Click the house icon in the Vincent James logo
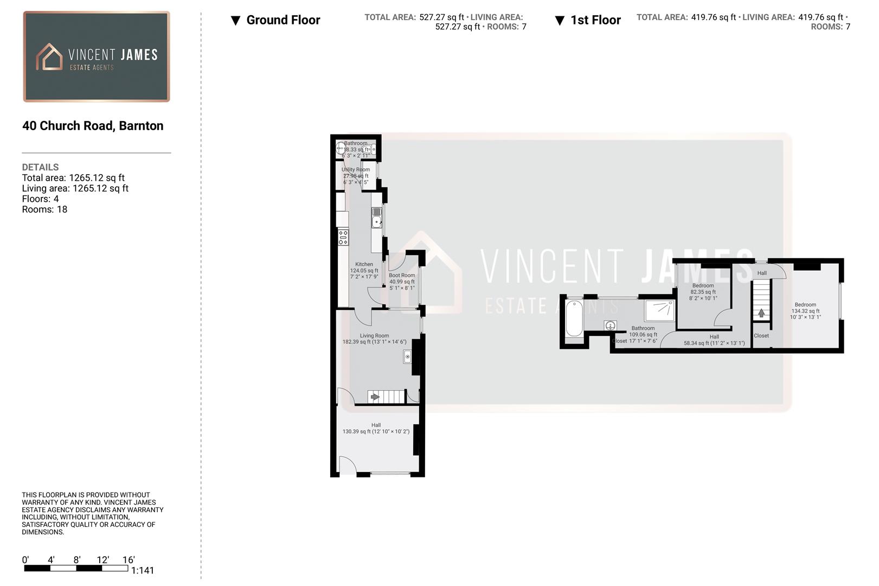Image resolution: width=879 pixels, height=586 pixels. (x=49, y=57)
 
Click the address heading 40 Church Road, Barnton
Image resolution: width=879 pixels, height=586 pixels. (x=93, y=126)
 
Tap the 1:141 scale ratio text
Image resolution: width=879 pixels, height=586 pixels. (x=143, y=570)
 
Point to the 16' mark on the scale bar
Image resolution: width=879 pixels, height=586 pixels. (x=129, y=560)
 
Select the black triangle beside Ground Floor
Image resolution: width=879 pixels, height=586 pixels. (x=235, y=21)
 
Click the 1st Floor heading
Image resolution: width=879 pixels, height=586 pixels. (x=595, y=20)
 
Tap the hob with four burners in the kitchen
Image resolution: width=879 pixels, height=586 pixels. (x=343, y=237)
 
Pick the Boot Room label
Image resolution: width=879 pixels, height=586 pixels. (x=402, y=276)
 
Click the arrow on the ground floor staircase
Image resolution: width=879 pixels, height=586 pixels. (x=375, y=397)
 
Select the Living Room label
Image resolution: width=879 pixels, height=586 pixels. (x=374, y=336)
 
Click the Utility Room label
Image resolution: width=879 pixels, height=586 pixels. (x=356, y=170)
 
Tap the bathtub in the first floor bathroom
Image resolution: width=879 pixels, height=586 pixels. (x=574, y=319)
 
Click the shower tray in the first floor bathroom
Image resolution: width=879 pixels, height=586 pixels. (x=659, y=311)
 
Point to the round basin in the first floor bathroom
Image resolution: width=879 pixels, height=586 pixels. (x=611, y=326)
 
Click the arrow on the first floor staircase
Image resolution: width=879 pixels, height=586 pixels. (x=761, y=313)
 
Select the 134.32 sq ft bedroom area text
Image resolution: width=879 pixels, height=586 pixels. (x=805, y=311)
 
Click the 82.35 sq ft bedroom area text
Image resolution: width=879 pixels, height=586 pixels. (x=703, y=292)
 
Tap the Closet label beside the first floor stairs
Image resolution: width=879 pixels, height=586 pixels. (x=761, y=336)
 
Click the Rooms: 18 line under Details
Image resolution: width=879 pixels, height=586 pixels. (x=44, y=209)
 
